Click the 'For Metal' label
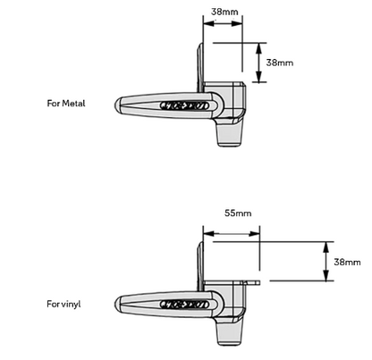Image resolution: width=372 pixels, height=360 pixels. pyautogui.click(x=66, y=104)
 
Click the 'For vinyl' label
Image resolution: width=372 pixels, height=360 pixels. pyautogui.click(x=63, y=304)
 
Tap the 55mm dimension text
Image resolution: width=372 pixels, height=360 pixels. pyautogui.click(x=238, y=213)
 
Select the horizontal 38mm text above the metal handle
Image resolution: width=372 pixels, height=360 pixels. pyautogui.click(x=224, y=12)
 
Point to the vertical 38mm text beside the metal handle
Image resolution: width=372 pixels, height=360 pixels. pyautogui.click(x=280, y=63)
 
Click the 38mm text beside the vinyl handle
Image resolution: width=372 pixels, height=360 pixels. pyautogui.click(x=347, y=262)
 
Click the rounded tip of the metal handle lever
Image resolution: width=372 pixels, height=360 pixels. pyautogui.click(x=118, y=105)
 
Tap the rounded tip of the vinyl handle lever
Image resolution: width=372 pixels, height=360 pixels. pyautogui.click(x=118, y=305)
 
